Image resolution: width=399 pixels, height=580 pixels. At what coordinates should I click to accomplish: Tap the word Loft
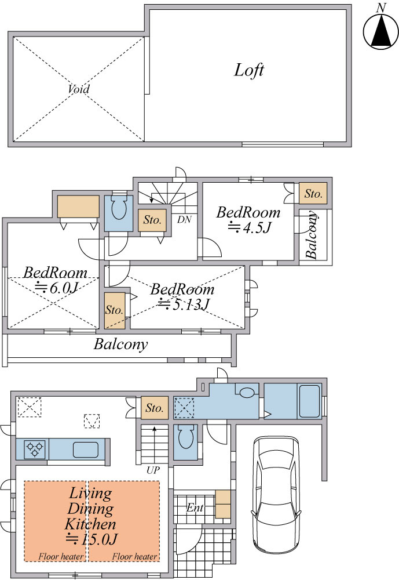pyautogui.click(x=249, y=70)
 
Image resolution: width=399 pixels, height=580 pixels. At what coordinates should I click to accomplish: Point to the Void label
pyautogui.click(x=79, y=89)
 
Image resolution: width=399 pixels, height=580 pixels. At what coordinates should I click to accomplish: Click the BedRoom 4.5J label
pyautogui.click(x=248, y=220)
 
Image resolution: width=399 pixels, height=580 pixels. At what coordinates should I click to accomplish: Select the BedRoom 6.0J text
pyautogui.click(x=56, y=280)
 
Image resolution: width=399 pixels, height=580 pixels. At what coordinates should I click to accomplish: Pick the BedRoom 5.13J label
pyautogui.click(x=182, y=296)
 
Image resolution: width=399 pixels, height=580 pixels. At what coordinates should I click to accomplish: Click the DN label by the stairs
pyautogui.click(x=184, y=219)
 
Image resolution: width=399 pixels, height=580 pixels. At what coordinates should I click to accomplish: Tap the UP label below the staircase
pyautogui.click(x=153, y=470)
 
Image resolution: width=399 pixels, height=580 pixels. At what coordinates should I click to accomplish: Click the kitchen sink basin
pyautogui.click(x=86, y=449)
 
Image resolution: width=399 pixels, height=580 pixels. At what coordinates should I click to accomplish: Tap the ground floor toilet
pyautogui.click(x=185, y=437)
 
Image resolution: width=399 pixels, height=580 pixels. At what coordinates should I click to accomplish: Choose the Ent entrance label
pyautogui.click(x=195, y=507)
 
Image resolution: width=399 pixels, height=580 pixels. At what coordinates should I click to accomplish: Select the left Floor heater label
pyautogui.click(x=61, y=556)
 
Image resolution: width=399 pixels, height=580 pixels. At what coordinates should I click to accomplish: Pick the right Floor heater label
pyautogui.click(x=134, y=556)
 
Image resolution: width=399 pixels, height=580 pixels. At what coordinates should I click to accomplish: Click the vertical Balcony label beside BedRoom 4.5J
pyautogui.click(x=312, y=235)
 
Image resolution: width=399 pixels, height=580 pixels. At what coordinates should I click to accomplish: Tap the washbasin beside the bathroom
pyautogui.click(x=247, y=391)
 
